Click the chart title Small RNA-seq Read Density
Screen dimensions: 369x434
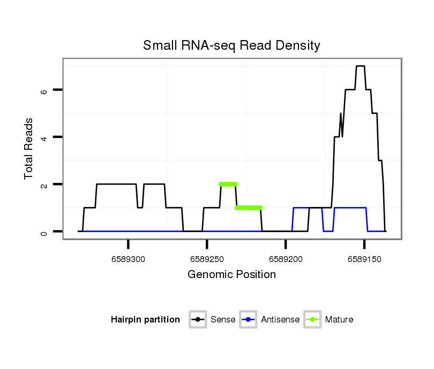coord(231,45)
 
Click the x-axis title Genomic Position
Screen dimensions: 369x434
coord(231,275)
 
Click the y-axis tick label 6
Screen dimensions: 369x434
coord(44,90)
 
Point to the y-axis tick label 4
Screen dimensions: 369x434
coord(44,137)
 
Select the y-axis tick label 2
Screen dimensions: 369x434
coord(44,184)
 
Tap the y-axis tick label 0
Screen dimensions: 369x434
coord(44,232)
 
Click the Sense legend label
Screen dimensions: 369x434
coord(223,320)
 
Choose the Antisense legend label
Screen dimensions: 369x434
coord(280,320)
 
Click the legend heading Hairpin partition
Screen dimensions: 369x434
coord(145,320)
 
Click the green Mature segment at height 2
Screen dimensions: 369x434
coord(228,184)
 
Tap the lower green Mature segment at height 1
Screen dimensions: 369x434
coord(249,207)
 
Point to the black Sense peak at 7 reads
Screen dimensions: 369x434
coord(360,66)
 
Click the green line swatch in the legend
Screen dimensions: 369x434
coord(312,320)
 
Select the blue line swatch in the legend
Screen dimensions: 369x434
coord(249,320)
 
